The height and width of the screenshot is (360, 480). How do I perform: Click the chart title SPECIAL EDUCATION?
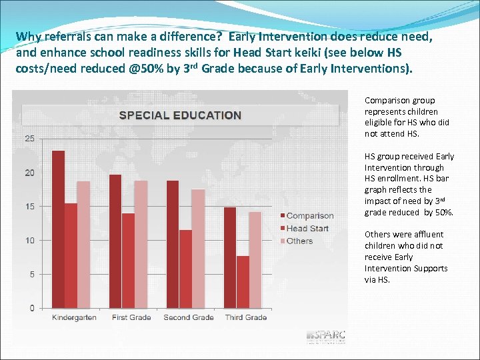point(180,115)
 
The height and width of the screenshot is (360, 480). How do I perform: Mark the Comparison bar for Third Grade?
point(230,257)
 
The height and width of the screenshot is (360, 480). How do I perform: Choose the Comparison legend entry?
point(309,216)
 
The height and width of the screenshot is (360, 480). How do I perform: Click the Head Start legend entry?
point(307,229)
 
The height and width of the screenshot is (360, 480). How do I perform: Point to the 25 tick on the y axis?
point(30,139)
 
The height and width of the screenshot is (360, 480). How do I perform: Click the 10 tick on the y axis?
point(30,240)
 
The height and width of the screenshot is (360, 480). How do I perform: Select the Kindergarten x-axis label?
point(74,317)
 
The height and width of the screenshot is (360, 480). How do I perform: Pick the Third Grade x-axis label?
point(246,317)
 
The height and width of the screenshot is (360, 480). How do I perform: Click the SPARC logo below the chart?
point(326,336)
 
